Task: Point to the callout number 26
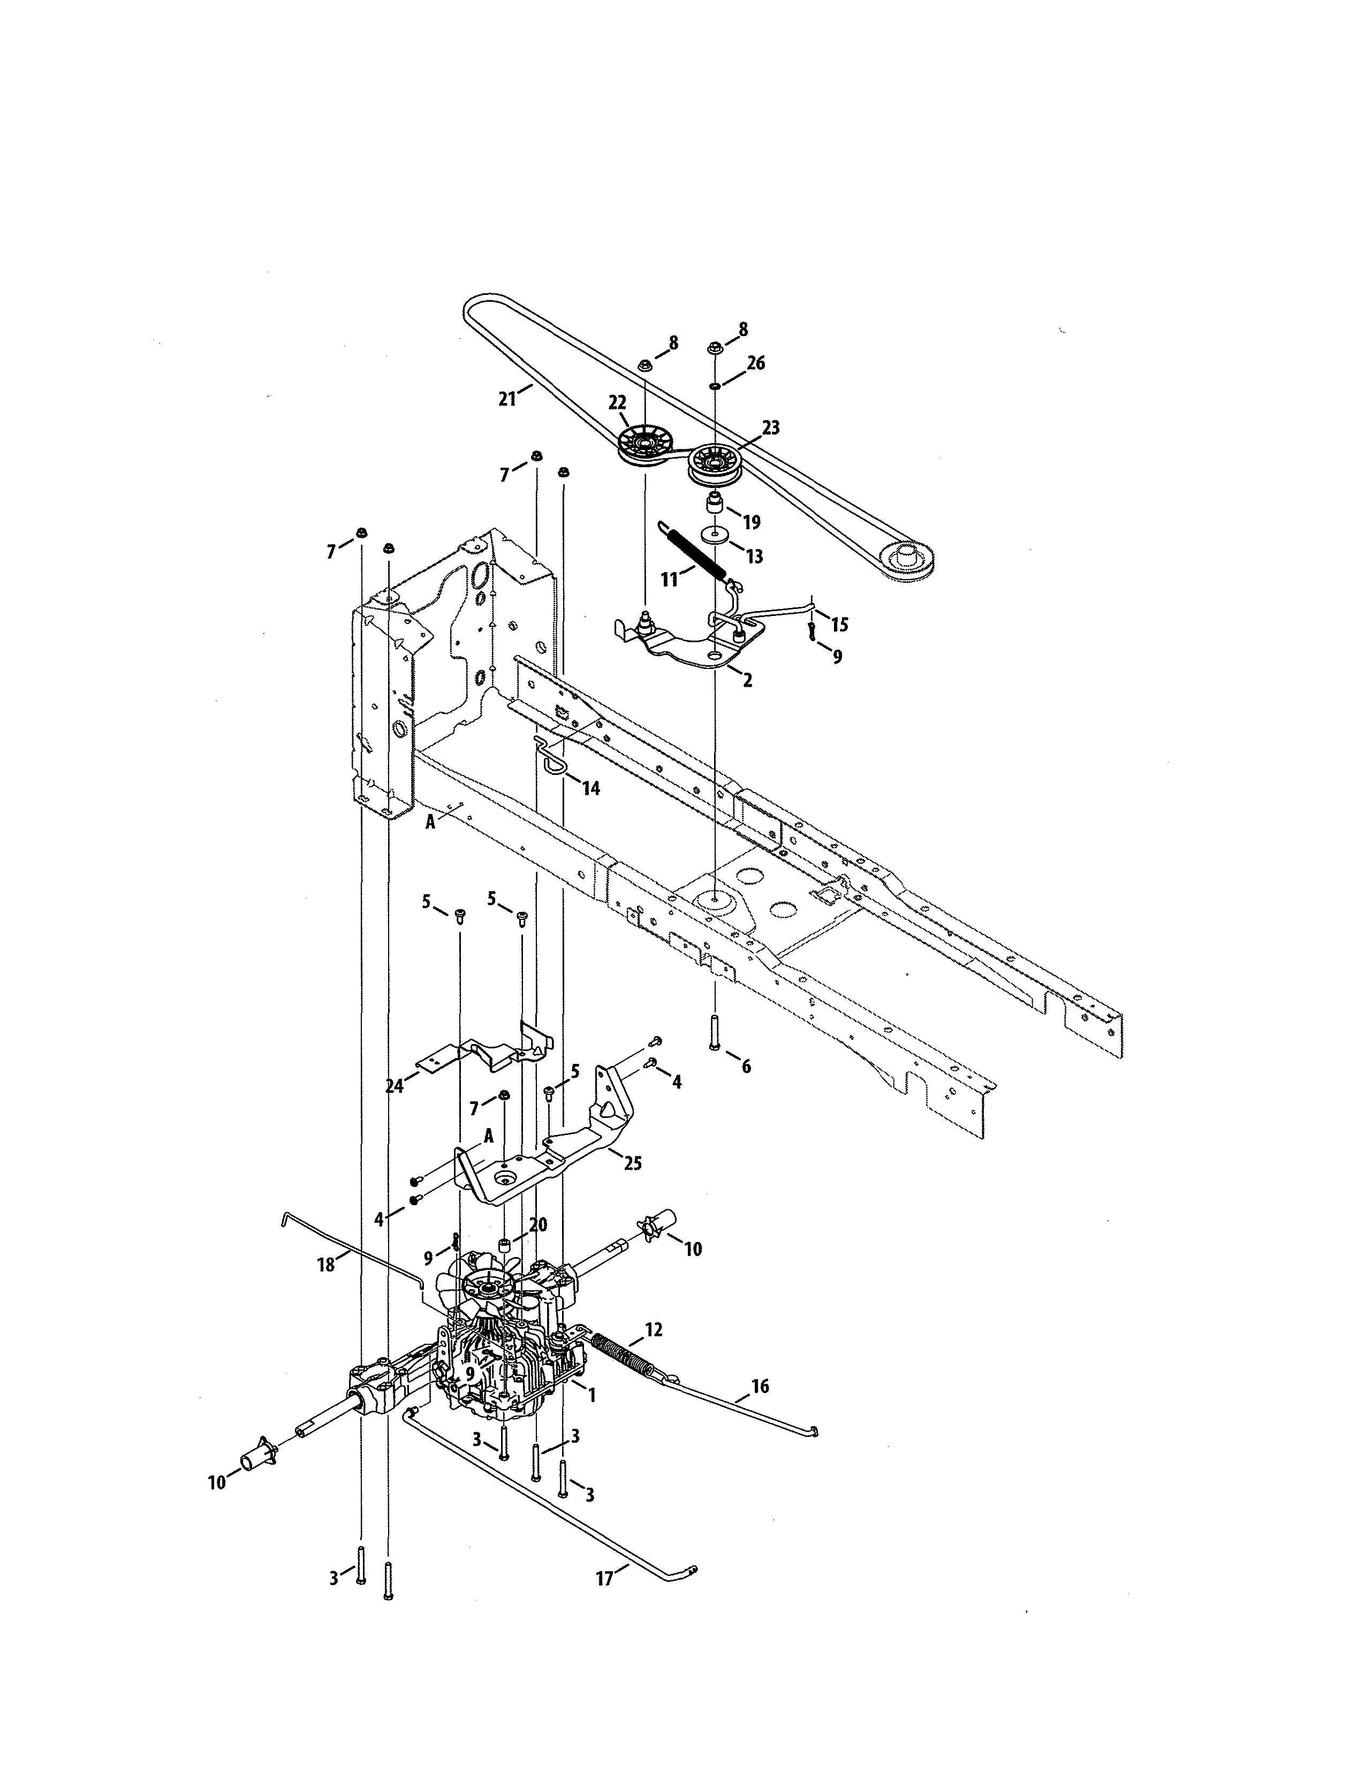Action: click(755, 363)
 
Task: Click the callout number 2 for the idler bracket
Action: click(747, 680)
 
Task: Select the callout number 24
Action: click(395, 1086)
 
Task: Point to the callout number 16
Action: click(760, 1386)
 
